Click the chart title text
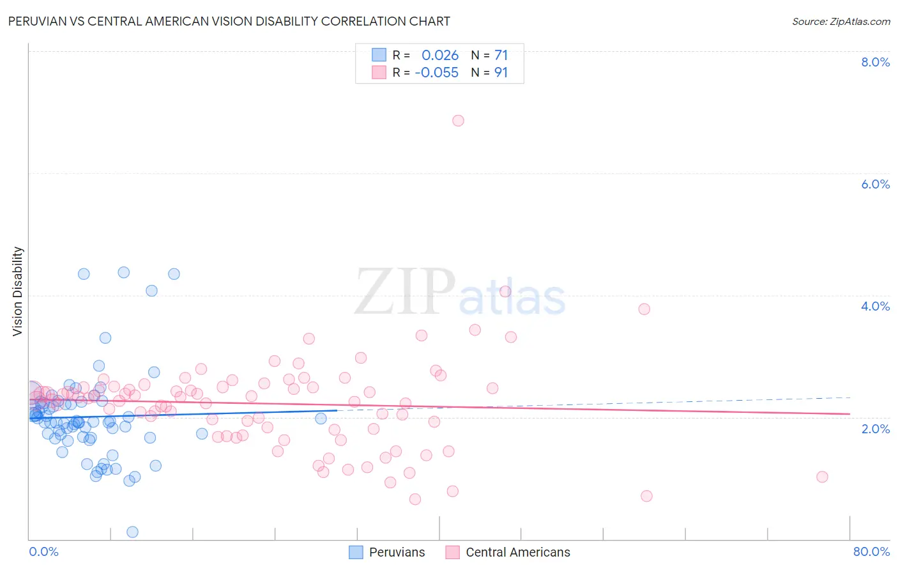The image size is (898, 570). click(229, 21)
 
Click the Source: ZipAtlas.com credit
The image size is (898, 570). click(841, 21)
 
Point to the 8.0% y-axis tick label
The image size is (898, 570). click(875, 62)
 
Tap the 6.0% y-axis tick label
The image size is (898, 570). click(875, 184)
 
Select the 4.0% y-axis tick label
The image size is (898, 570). click(875, 306)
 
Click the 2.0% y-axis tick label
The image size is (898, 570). click(875, 429)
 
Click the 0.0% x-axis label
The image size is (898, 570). click(43, 551)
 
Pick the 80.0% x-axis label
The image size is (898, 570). click(871, 551)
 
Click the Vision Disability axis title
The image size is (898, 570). click(18, 291)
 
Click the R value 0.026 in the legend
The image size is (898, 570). click(440, 56)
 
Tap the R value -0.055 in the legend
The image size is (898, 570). click(437, 73)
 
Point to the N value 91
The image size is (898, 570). click(501, 73)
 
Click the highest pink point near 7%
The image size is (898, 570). click(458, 121)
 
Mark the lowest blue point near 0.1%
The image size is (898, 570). click(133, 532)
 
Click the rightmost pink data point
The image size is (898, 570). click(822, 477)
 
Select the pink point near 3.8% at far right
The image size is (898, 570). click(644, 309)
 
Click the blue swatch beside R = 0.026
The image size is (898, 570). click(379, 56)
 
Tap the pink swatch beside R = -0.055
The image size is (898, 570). click(379, 73)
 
